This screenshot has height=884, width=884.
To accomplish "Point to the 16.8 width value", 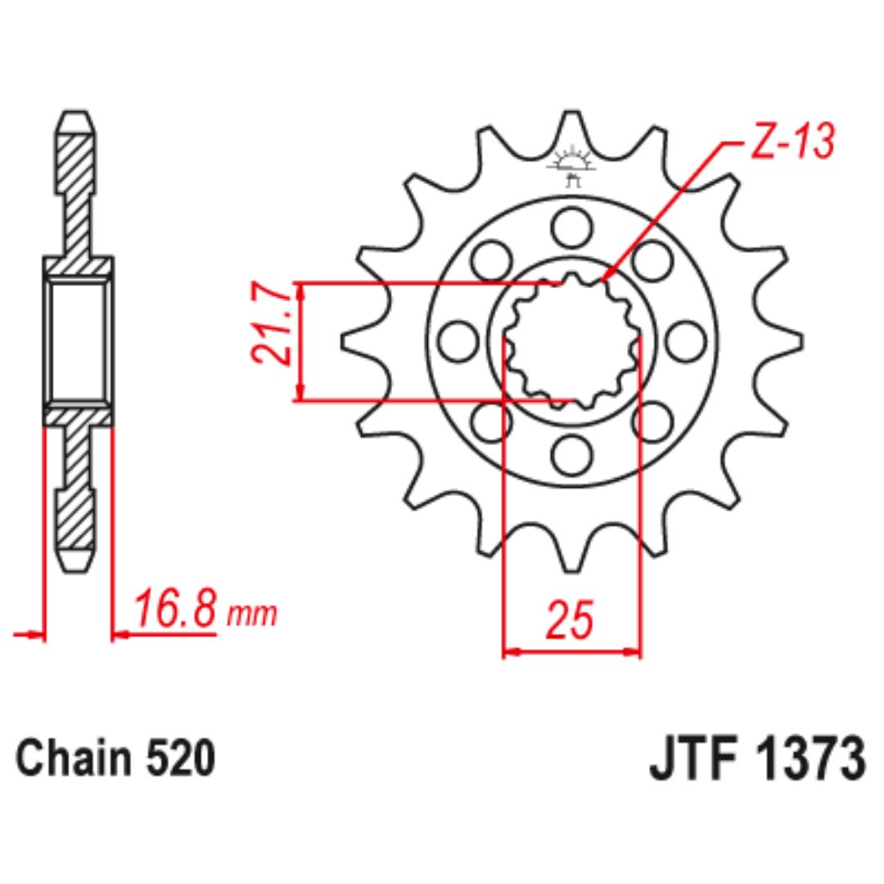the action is click(175, 609).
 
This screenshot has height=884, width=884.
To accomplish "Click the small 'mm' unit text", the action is click(252, 616).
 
